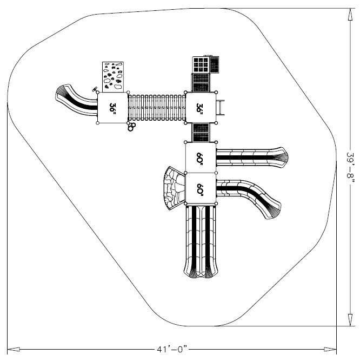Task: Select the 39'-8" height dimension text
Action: [351, 168]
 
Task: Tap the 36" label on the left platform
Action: [112, 108]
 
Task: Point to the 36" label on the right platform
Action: [200, 108]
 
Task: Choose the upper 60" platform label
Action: [200, 157]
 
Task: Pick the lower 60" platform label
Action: [200, 189]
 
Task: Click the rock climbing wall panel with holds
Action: [113, 76]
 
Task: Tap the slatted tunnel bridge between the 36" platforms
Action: [156, 108]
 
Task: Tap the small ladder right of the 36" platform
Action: [220, 106]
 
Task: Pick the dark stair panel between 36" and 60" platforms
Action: [201, 132]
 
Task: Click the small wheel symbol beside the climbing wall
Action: [96, 88]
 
